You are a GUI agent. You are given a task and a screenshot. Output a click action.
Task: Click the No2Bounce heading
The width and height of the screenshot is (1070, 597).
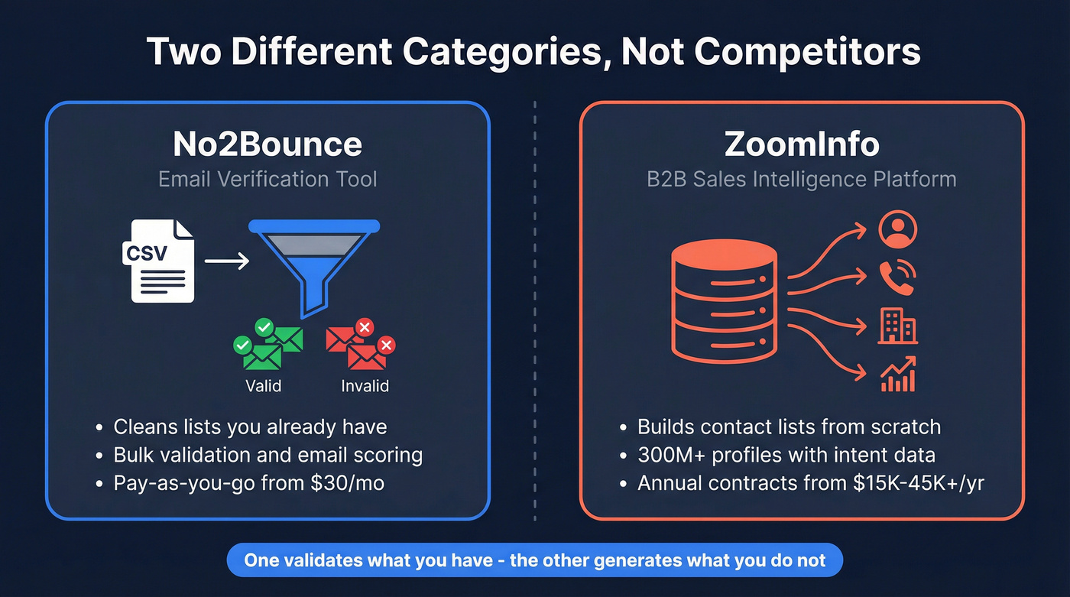(x=267, y=144)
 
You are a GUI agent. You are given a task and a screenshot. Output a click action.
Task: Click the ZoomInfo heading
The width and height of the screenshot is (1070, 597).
(x=802, y=144)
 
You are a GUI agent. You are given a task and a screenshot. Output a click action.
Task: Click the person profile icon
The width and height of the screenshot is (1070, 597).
(x=897, y=229)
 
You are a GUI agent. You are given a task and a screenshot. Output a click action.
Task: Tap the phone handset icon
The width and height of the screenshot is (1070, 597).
(x=897, y=278)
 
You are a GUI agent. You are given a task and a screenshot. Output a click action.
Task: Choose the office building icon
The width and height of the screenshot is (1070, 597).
(x=897, y=327)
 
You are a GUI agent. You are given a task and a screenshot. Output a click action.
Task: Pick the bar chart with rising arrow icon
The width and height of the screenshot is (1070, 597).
(x=898, y=375)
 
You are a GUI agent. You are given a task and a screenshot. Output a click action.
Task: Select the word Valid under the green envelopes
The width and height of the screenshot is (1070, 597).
(x=263, y=386)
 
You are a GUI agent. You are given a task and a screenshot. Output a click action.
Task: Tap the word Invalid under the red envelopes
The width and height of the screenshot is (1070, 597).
(x=365, y=386)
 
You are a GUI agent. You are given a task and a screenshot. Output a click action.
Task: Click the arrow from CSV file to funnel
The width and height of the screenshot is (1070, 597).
(x=227, y=261)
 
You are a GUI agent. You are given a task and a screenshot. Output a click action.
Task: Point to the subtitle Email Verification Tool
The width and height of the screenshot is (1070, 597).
(x=267, y=180)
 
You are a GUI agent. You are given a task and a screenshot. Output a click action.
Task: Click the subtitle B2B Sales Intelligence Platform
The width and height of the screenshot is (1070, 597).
(x=802, y=180)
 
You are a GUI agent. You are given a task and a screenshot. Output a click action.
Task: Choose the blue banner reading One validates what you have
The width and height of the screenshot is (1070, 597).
(x=534, y=560)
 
